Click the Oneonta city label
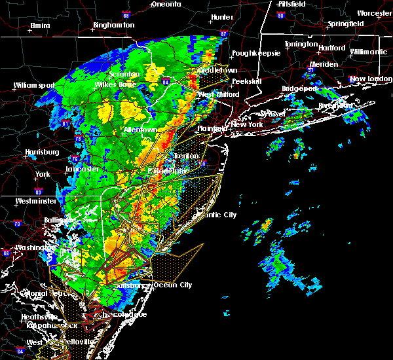(166, 4)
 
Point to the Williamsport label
(37, 85)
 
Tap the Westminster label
(31, 201)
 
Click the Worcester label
(374, 13)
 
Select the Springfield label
(346, 24)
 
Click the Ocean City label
(173, 285)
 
